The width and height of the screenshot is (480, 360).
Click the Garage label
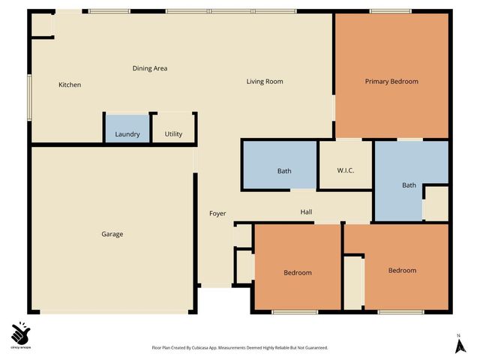[x=112, y=234]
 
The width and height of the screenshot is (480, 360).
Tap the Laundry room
[x=127, y=135]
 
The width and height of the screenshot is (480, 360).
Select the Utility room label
[x=173, y=135]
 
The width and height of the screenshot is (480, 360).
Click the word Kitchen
[x=70, y=85]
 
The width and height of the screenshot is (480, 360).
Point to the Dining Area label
[x=150, y=68]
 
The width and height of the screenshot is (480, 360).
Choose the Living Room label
[x=265, y=81]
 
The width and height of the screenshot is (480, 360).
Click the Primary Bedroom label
[x=391, y=81]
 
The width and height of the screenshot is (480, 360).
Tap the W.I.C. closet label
[x=345, y=171]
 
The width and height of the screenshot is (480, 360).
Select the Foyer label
[x=217, y=214]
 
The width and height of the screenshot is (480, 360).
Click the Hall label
[x=306, y=212]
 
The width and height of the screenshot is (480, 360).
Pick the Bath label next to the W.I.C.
[x=409, y=185]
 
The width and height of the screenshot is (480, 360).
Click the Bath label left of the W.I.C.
[x=284, y=171]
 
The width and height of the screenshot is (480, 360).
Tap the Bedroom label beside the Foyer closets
[x=298, y=272]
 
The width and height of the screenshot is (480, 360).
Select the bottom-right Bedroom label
[x=402, y=270]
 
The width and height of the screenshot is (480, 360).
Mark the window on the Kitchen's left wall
[x=30, y=96]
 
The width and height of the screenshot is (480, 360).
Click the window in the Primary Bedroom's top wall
[x=389, y=11]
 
